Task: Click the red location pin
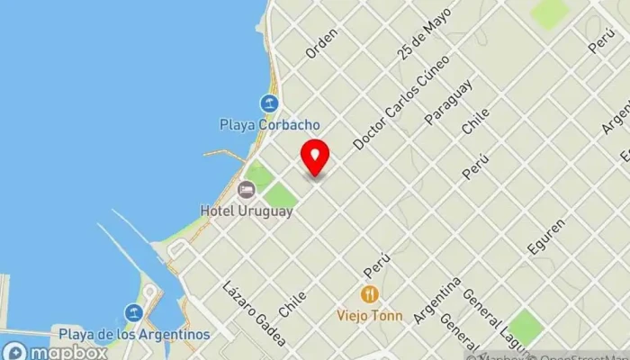click(314, 157)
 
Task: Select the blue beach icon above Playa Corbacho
click(268, 103)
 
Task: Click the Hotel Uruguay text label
click(247, 211)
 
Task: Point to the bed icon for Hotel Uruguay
click(246, 190)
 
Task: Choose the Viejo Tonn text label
click(369, 315)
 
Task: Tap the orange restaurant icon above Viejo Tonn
click(369, 294)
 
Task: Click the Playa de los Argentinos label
click(134, 334)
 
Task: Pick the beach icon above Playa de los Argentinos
click(134, 313)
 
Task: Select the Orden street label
click(321, 43)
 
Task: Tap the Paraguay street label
click(448, 102)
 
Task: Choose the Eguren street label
click(548, 237)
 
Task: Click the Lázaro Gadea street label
click(255, 313)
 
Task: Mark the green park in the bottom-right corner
click(524, 327)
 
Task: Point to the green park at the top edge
click(548, 12)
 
